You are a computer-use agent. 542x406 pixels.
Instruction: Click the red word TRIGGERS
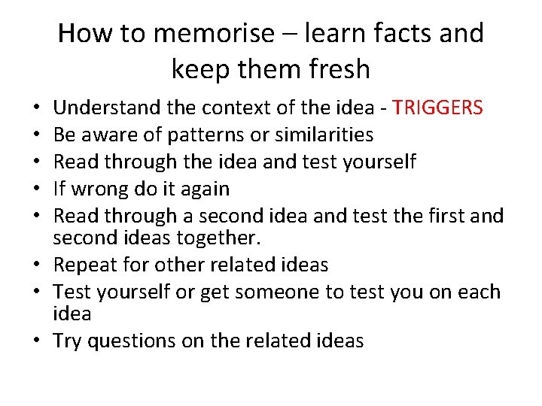(437, 108)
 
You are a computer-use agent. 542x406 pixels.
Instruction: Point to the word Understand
(108, 108)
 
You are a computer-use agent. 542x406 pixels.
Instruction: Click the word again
(203, 188)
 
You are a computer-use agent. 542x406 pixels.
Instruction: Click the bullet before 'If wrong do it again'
(38, 188)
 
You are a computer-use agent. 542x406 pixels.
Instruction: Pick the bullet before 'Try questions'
(38, 341)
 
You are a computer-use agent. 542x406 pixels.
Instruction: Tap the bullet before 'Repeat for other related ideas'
(38, 265)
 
